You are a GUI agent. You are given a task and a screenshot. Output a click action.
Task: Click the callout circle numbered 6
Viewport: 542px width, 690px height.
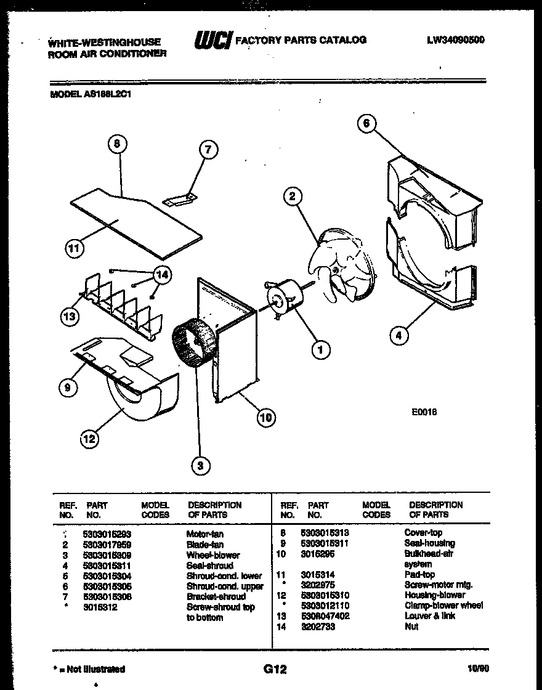pos(366,124)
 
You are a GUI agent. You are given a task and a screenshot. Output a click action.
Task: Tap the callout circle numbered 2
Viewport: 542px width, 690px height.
pos(293,197)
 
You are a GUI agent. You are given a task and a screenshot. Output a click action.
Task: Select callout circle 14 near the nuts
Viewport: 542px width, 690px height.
pos(161,275)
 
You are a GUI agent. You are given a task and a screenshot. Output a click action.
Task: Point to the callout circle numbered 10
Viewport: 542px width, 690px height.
pos(266,418)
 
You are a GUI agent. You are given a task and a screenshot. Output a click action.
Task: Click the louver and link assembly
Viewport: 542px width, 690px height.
pos(123,306)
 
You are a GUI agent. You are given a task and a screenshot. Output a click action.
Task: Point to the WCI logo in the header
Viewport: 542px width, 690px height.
pos(213,41)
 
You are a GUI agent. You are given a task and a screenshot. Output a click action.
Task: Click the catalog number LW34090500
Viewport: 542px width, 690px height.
pos(455,40)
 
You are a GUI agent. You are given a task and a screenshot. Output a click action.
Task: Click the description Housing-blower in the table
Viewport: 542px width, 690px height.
pos(434,595)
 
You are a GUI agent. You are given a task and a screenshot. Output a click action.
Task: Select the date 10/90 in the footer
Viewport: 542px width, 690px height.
pos(478,669)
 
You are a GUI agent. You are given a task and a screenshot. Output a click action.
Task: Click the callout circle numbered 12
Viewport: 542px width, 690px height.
pos(89,439)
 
